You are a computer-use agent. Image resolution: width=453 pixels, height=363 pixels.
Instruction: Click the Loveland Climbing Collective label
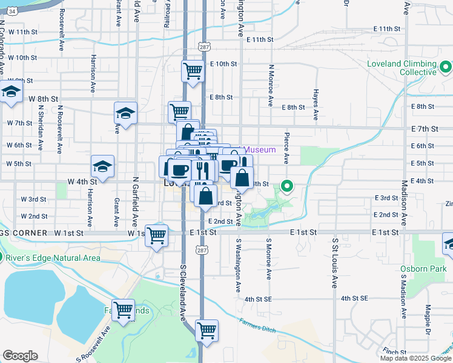pyautogui.click(x=402, y=68)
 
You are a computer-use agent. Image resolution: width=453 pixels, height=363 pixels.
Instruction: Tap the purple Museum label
pyautogui.click(x=262, y=149)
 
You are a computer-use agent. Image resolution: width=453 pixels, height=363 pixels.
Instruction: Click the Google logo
pyautogui.click(x=20, y=356)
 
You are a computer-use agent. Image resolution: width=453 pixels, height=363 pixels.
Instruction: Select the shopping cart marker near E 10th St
pyautogui.click(x=193, y=70)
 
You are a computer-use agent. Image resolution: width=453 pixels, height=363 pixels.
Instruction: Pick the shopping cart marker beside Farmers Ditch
pyautogui.click(x=207, y=330)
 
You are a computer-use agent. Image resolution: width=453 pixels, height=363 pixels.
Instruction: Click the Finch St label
pyautogui.click(x=394, y=352)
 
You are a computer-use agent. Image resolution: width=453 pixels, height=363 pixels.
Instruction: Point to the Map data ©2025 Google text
pyautogui.click(x=415, y=358)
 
